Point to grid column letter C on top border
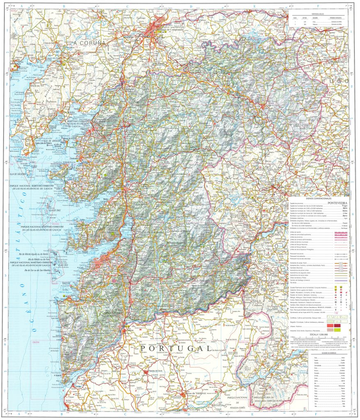click(x=127, y=7)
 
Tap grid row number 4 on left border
click(x=7, y=212)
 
